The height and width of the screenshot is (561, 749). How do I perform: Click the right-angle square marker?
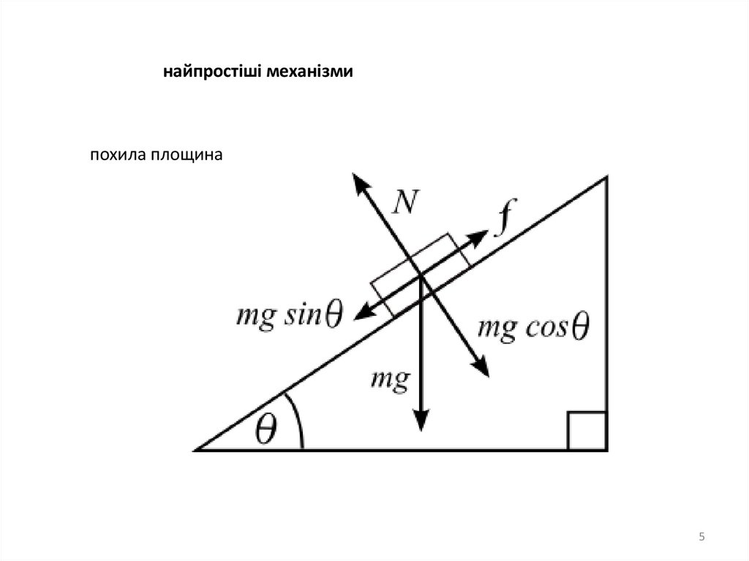pos(587,431)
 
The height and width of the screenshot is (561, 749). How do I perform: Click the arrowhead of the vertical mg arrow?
pos(421,422)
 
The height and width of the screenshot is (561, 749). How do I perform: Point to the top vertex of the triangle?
pos(606,177)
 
